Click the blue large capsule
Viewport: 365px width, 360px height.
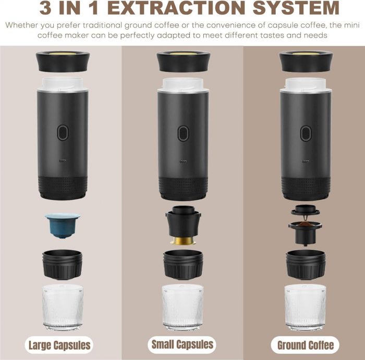(x=63, y=225)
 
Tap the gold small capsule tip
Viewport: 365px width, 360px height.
(x=183, y=241)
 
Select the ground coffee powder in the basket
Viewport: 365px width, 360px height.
(x=306, y=224)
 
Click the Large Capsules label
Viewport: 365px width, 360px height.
(x=59, y=345)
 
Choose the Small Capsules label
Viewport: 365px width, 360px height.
(x=182, y=344)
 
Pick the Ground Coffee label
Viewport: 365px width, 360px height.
(x=306, y=345)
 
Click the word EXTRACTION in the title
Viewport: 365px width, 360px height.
(x=176, y=7)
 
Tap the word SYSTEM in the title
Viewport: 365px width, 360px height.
(x=296, y=7)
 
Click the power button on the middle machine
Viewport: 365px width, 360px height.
(x=183, y=133)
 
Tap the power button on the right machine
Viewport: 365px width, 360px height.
(x=306, y=133)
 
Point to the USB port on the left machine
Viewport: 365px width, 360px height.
(x=63, y=160)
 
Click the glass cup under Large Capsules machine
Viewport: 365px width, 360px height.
(x=63, y=307)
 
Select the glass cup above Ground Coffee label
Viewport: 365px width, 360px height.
(x=306, y=307)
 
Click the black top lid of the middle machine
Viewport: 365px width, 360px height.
(x=184, y=61)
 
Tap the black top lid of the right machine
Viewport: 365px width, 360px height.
(x=306, y=61)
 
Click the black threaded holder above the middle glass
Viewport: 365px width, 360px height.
(x=183, y=265)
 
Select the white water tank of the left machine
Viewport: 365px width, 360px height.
(x=63, y=84)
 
